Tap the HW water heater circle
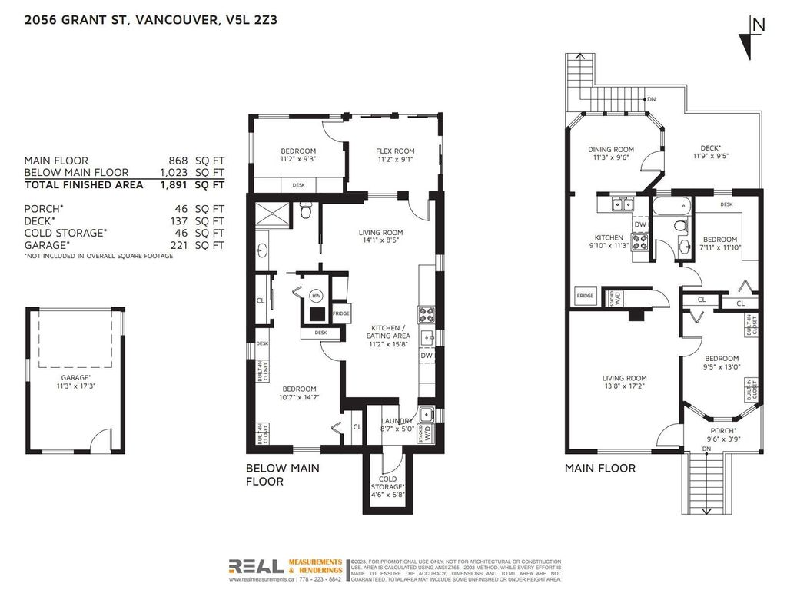point(316,295)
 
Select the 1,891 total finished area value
point(174,184)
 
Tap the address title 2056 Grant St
point(150,21)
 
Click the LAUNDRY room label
point(397,422)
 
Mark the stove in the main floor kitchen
point(639,247)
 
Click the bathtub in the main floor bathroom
point(672,206)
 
